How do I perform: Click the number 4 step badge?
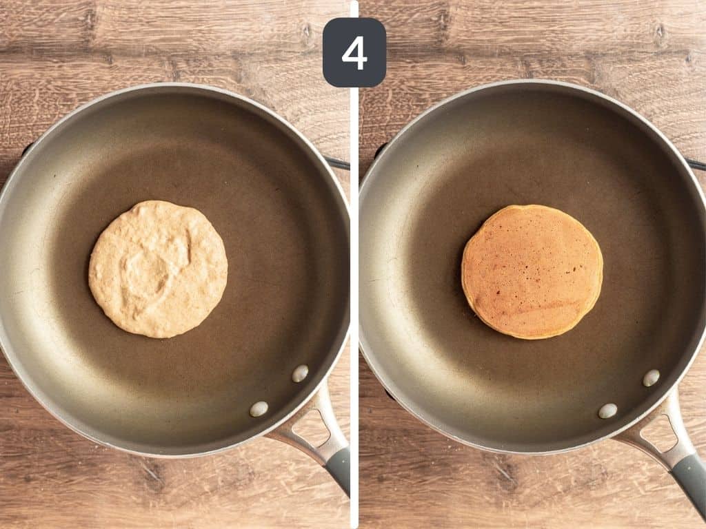[x=354, y=52]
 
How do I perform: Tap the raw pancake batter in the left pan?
[x=158, y=269]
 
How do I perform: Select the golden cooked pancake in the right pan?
[x=532, y=271]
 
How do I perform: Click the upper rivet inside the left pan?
[x=300, y=373]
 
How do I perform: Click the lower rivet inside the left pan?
[x=259, y=408]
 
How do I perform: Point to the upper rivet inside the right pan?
[x=651, y=377]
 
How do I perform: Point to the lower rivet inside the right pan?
[x=607, y=411]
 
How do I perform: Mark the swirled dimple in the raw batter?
[x=155, y=262]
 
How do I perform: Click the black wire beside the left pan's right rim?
[x=339, y=163]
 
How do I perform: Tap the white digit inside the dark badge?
[x=354, y=53]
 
